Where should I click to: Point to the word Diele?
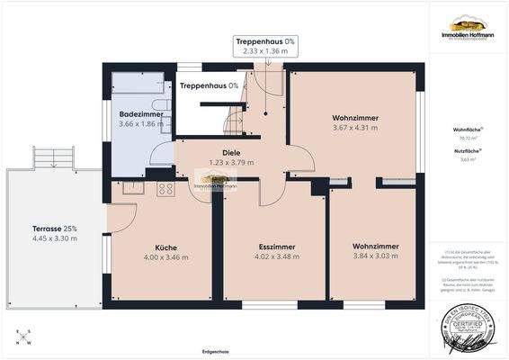[232, 153]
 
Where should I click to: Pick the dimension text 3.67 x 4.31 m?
[354, 129]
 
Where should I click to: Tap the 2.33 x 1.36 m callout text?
[265, 52]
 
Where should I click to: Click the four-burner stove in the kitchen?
[166, 189]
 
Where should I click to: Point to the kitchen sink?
[133, 188]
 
